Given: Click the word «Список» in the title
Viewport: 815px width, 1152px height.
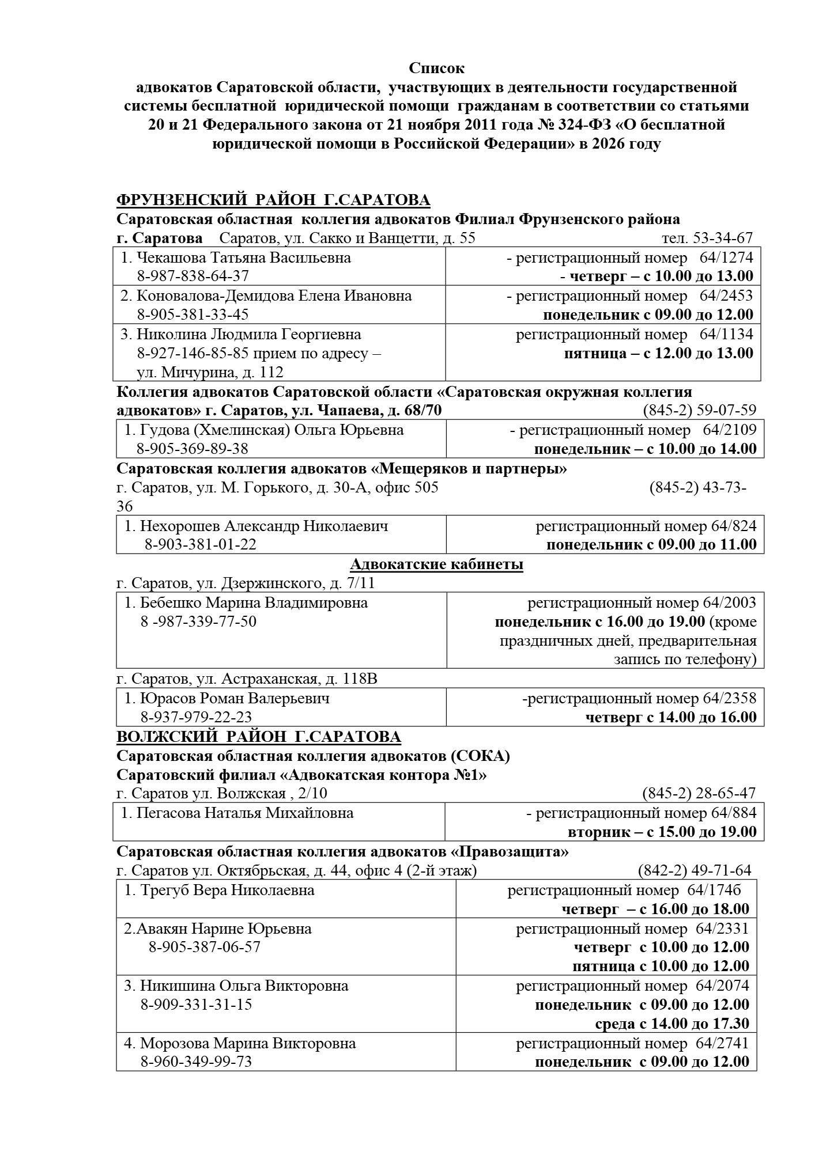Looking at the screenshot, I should pos(436,69).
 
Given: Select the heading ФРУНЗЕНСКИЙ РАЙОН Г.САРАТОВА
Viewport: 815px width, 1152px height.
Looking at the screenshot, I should pos(273,200).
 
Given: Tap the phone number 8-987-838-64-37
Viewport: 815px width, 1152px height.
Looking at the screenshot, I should pos(193,276).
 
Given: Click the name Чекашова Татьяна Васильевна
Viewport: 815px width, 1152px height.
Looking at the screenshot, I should pos(243,257).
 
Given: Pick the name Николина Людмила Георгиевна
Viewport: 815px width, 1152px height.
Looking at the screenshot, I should pos(248,334).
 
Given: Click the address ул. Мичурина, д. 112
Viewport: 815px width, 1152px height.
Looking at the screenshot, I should pos(210,372).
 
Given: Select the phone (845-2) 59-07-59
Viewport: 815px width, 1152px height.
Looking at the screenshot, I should pos(699,411).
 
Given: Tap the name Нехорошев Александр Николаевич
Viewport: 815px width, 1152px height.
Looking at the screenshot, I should pos(264,526).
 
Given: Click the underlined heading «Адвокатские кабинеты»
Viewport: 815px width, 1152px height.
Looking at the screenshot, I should pos(436,564).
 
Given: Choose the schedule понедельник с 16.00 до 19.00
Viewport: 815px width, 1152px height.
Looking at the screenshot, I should pos(599,622).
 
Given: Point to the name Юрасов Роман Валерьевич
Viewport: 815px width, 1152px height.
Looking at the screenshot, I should pos(235,699).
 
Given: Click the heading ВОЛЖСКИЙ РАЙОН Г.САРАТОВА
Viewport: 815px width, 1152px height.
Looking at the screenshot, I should pos(259,737).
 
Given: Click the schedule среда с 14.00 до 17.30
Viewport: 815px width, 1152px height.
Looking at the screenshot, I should pos(672,1024).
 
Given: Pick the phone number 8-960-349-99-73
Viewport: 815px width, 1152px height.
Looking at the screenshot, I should pos(196,1062).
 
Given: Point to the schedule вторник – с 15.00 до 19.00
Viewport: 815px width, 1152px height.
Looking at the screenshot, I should pos(662,832).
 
